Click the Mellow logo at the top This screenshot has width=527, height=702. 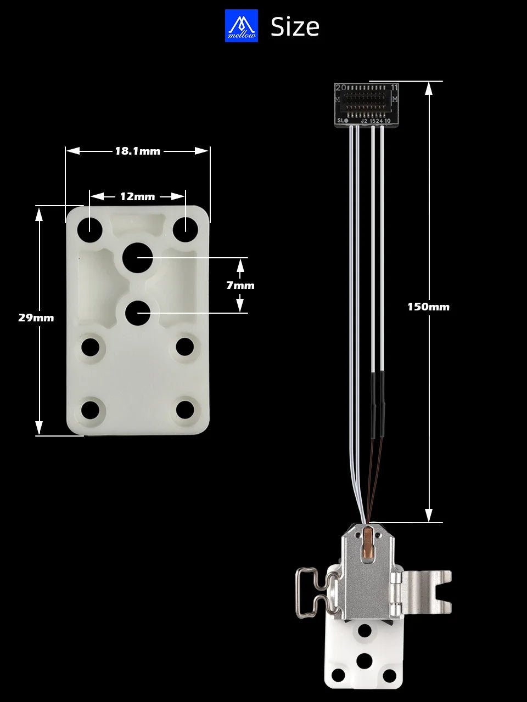[x=241, y=26]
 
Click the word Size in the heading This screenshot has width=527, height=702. [x=295, y=27]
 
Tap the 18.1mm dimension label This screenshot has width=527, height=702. [x=137, y=151]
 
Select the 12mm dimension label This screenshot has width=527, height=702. [x=137, y=196]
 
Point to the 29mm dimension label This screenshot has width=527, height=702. [x=36, y=318]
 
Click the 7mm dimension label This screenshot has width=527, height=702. [x=240, y=285]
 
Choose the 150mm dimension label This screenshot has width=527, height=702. [x=428, y=307]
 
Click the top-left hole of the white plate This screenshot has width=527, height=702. [x=90, y=229]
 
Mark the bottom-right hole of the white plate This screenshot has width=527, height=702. [x=185, y=409]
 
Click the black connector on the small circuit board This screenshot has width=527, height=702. [x=367, y=101]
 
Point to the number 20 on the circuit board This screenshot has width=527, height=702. [x=340, y=88]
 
